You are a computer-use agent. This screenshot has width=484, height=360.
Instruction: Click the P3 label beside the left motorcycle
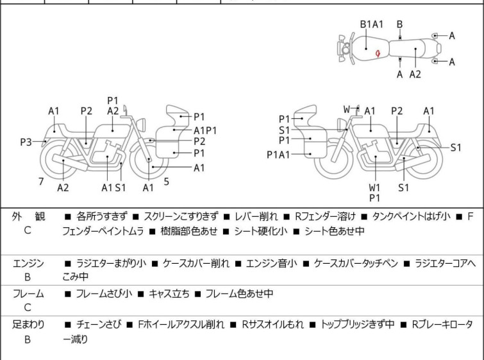[26, 142]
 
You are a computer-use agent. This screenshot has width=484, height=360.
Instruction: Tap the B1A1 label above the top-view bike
[371, 24]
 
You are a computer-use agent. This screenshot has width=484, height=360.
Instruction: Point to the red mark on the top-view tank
[380, 53]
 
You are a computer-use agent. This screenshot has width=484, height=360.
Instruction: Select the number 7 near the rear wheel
[41, 182]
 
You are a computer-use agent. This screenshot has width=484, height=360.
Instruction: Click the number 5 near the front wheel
[167, 182]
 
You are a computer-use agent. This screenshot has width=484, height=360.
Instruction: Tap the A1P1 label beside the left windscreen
[205, 130]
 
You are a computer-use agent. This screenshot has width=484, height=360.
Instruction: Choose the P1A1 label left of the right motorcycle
[279, 154]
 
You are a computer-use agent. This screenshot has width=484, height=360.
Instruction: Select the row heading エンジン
[28, 263]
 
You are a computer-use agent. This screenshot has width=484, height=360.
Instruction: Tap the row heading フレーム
[28, 294]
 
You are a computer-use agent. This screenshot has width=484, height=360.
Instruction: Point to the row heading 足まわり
[28, 325]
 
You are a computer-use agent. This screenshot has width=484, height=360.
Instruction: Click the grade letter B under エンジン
[28, 277]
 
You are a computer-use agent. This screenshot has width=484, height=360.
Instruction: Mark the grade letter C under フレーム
[28, 308]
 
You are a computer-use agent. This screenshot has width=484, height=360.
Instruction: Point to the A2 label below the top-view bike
[415, 74]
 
